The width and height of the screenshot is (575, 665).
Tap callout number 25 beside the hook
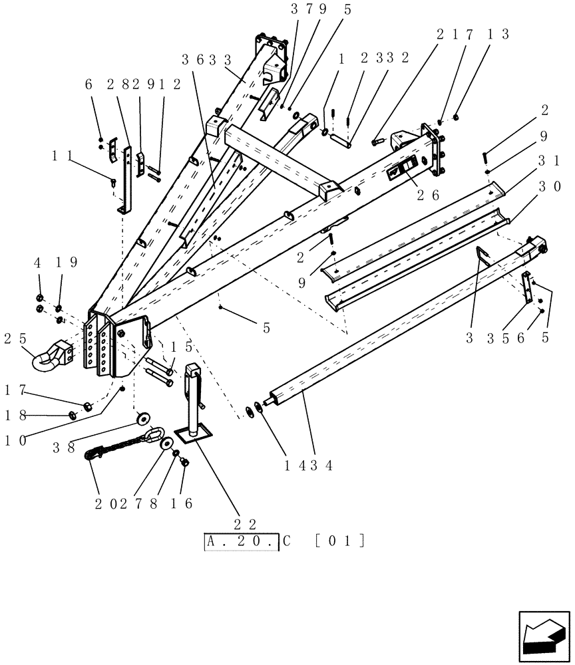pos(15,338)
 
